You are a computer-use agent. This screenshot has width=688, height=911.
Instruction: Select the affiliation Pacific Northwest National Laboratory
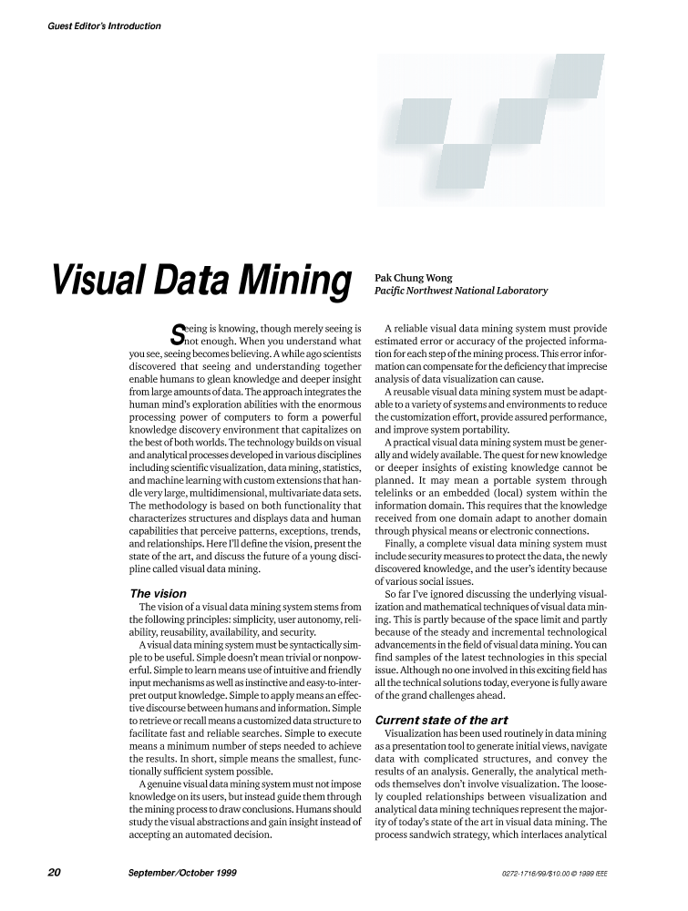tap(461, 291)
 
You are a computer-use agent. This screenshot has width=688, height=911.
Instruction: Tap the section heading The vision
tap(159, 593)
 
